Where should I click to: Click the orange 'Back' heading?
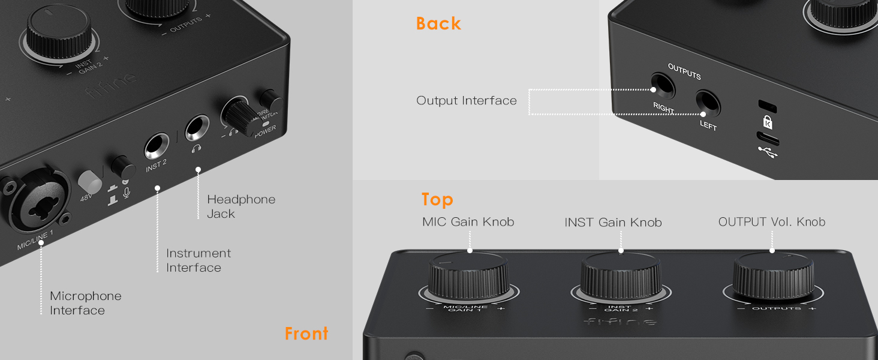click(438, 23)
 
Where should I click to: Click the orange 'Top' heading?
click(437, 199)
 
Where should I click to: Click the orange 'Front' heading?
click(306, 334)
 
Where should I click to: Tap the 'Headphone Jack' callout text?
click(241, 206)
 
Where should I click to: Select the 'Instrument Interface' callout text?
click(199, 260)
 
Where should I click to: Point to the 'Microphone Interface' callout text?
click(85, 303)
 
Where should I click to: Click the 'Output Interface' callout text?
click(466, 101)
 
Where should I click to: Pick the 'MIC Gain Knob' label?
click(468, 222)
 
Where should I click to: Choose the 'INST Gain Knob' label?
click(613, 223)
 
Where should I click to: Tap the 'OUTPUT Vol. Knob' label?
click(771, 222)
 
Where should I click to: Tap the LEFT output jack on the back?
click(707, 104)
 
